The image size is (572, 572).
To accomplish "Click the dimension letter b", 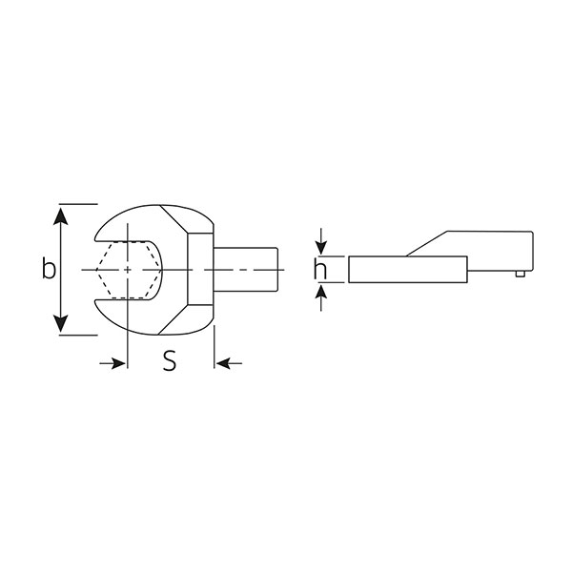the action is point(49,268).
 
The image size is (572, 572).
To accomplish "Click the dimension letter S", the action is point(170,360).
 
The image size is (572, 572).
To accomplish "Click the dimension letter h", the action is point(320,269).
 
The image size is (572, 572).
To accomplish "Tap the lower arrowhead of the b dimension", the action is point(61,323).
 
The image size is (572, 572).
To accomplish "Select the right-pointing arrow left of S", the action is point(112,363).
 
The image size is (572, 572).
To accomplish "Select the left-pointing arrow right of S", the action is point(229,363).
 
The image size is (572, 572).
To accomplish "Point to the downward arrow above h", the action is point(321,241).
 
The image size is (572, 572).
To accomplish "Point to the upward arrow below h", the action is point(321,297).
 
